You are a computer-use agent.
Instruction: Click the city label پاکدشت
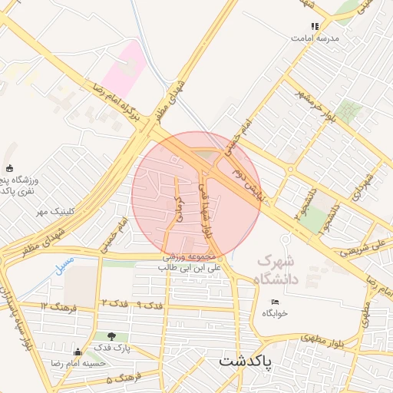(245, 359)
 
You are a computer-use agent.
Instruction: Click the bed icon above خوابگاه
(275, 301)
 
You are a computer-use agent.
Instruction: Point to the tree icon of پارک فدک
(113, 335)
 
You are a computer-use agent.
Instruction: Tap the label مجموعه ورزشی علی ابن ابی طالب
(190, 263)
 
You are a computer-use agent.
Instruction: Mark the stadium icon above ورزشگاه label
(9, 168)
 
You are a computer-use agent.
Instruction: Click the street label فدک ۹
(150, 305)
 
